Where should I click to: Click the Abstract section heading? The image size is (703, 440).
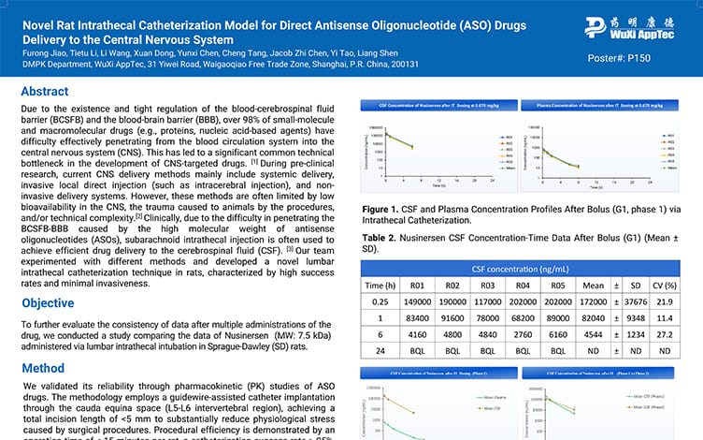coord(44,92)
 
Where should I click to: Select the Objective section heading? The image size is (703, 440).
coord(48,303)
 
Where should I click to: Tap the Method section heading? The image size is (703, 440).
coord(43,369)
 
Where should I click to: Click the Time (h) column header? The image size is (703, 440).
coord(380,286)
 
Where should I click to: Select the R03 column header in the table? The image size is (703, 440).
coord(484,286)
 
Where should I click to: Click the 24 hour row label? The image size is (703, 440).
coord(380,351)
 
